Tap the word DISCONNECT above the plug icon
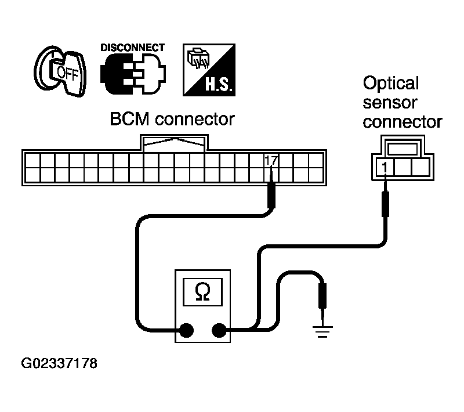coord(132,48)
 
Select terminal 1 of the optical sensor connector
coord(384,167)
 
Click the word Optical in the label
coord(390,83)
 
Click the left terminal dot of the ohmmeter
coord(186,330)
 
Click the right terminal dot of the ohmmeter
coord(219,330)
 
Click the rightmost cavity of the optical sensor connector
coord(419,167)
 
